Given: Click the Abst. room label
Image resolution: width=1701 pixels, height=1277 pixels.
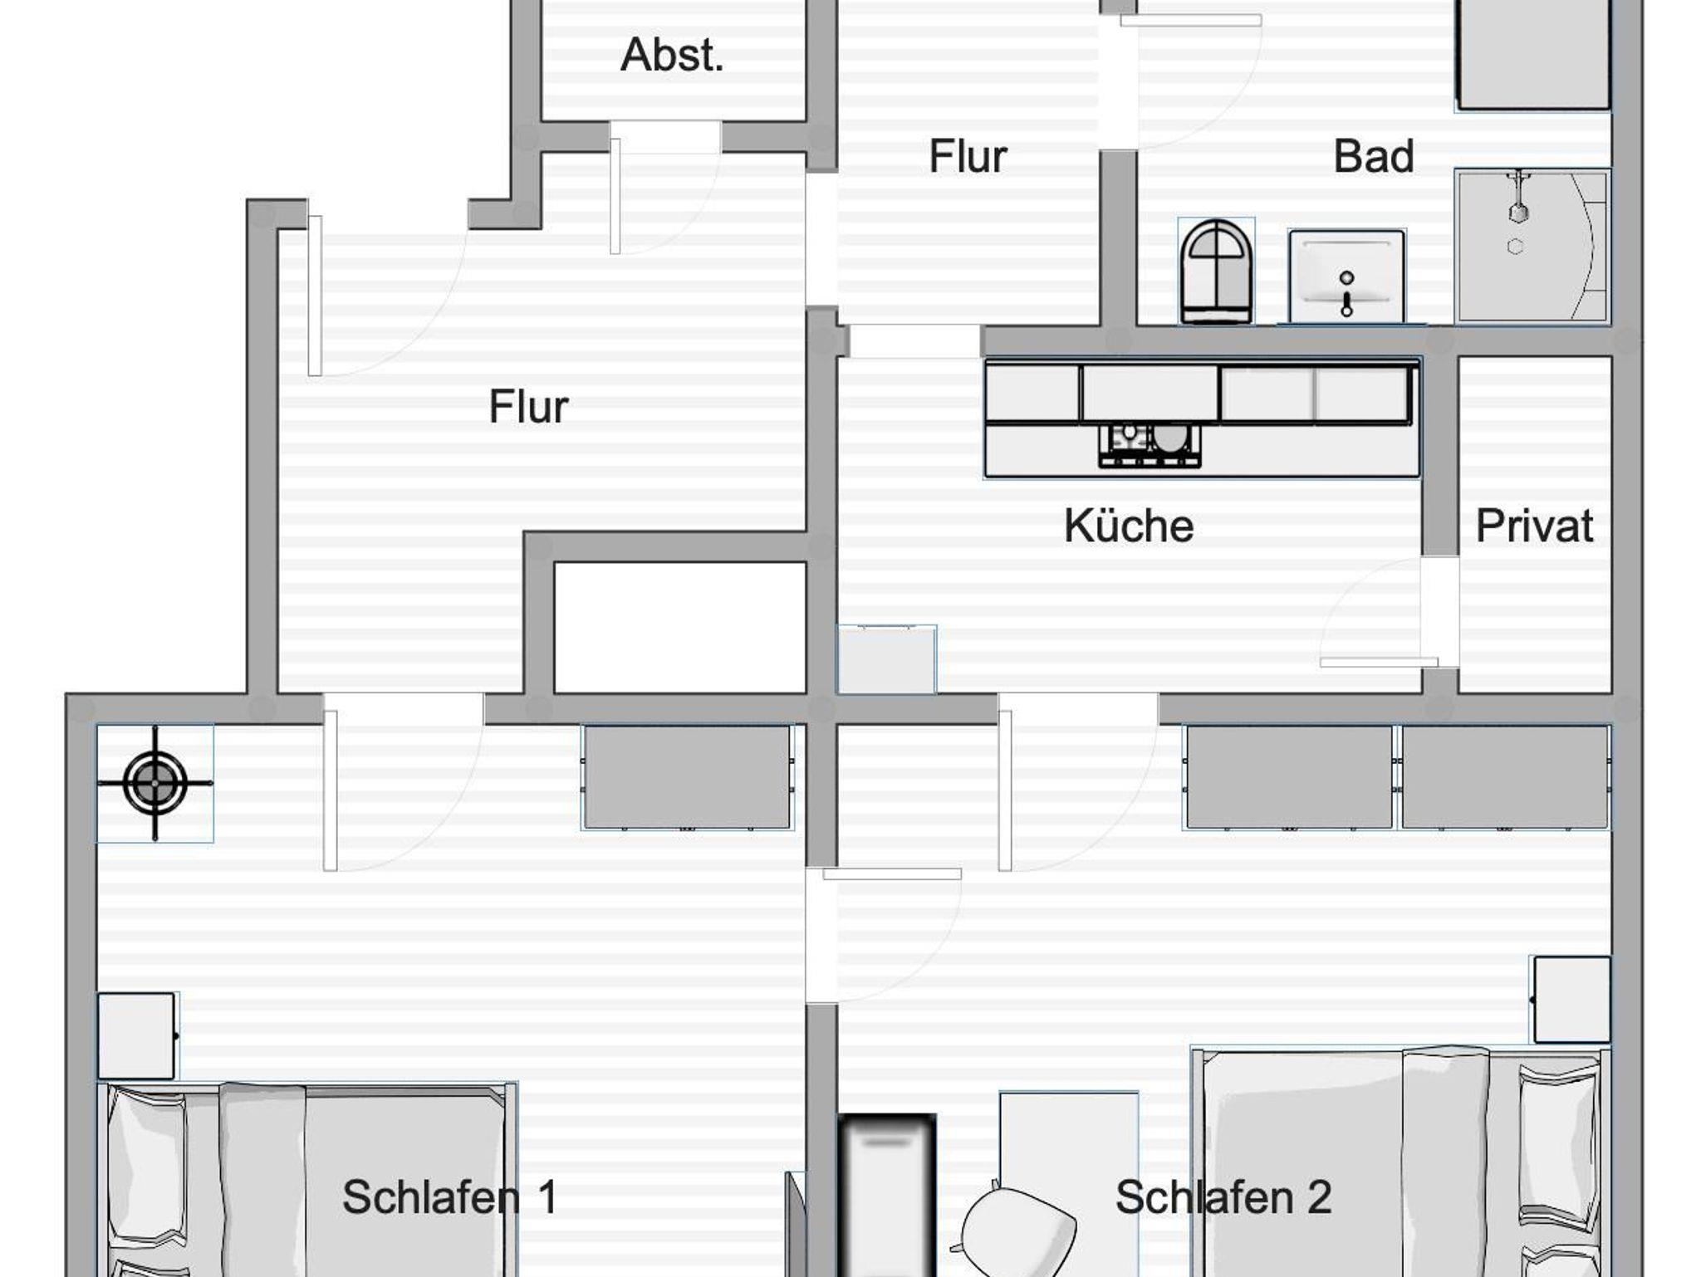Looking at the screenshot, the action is pos(672,56).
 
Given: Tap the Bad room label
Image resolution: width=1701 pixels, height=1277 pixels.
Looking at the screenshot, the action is pos(1373,156).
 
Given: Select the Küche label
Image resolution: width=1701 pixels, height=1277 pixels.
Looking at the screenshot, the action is pos(1129,526).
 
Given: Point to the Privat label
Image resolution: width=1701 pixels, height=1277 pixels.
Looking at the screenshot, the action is pos(1534,526).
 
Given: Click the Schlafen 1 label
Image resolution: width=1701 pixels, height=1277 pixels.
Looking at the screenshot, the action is pos(449,1196).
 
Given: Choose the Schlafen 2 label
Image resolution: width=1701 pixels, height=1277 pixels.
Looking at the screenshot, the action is pos(1223,1196).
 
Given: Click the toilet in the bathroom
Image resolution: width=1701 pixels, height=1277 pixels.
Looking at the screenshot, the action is pos(1216,272).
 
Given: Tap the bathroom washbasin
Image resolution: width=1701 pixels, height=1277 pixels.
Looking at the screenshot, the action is pos(1346,276).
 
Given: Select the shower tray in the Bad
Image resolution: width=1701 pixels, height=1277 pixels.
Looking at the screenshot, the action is pos(1532,247).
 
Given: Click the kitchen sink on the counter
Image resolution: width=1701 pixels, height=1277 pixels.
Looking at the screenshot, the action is pos(1150,444).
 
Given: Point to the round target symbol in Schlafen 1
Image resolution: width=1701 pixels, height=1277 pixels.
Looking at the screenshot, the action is pos(155,782).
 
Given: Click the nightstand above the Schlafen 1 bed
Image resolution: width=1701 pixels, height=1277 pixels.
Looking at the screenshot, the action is pos(137,1035).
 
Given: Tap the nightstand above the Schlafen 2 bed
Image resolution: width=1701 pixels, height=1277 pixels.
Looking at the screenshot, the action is pos(1571,1000).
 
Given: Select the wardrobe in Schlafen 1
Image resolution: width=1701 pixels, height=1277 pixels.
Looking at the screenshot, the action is pos(688,777).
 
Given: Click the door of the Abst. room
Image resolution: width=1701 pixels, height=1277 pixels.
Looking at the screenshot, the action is pos(664,188).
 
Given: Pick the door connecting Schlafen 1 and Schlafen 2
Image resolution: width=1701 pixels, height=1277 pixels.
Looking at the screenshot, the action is pos(884,935).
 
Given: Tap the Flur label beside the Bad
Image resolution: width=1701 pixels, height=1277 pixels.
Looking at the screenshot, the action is pos(968,156).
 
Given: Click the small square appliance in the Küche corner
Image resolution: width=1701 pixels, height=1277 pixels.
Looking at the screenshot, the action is pos(886,659).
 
